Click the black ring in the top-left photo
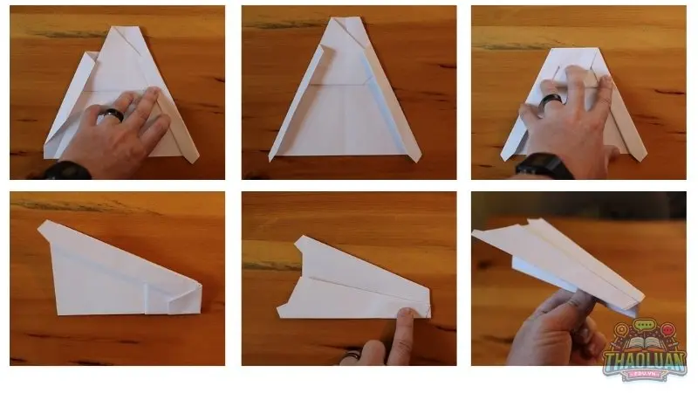[113, 114]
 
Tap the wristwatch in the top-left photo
[67, 170]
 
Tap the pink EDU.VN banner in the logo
[645, 376]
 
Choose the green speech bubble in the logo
[644, 325]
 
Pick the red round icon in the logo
[667, 330]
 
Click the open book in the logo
[644, 343]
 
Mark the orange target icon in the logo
[621, 330]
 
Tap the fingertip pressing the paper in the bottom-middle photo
[405, 313]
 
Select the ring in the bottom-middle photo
[352, 355]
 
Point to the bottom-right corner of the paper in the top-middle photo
[419, 161]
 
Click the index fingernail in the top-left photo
[154, 92]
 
